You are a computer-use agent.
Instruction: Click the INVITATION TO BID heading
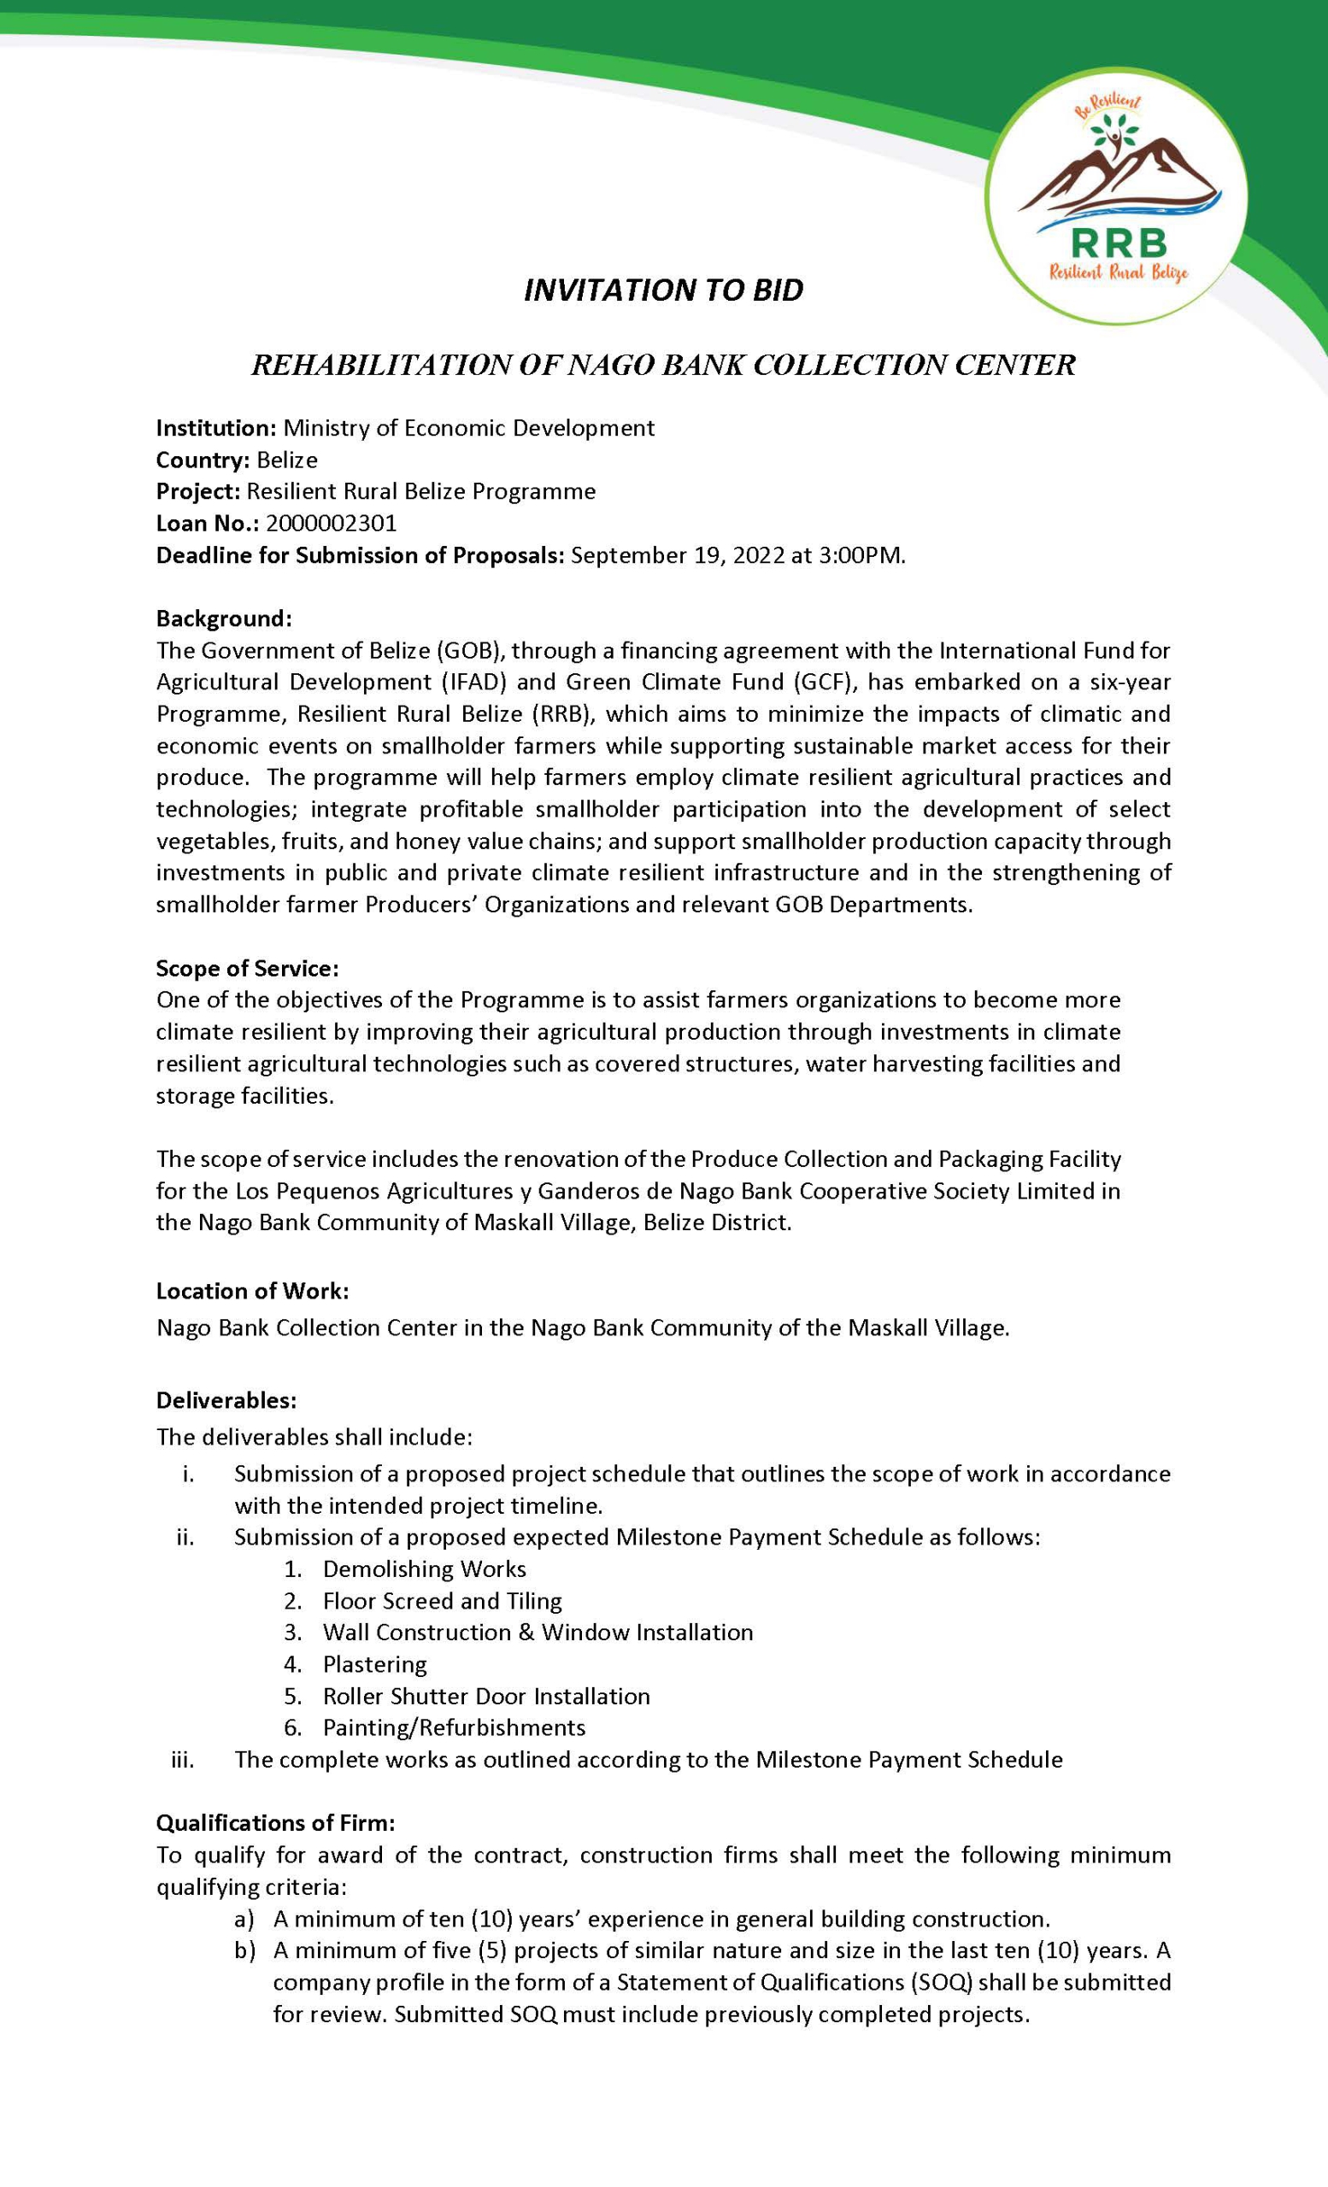663,290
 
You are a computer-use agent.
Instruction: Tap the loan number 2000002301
331,524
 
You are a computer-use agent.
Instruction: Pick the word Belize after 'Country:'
287,460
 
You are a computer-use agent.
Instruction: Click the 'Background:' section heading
224,618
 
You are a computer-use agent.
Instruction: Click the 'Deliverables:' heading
226,1400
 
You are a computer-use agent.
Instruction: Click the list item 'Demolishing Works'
425,1568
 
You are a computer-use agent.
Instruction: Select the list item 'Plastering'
374,1663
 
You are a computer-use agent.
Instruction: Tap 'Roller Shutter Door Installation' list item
486,1695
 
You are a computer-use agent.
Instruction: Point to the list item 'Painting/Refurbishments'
455,1727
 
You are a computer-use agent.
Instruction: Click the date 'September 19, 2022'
679,555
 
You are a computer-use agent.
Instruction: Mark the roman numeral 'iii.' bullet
183,1759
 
